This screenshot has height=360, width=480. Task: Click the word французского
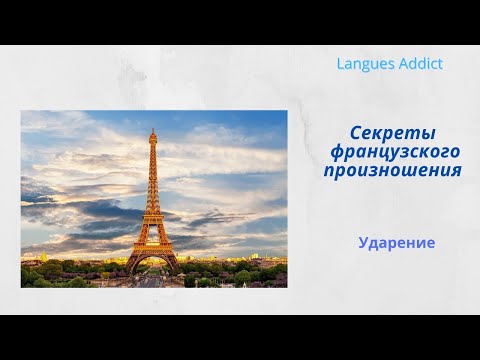pyautogui.click(x=395, y=152)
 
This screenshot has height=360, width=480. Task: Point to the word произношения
pyautogui.click(x=392, y=170)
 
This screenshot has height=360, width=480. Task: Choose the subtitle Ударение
pyautogui.click(x=397, y=242)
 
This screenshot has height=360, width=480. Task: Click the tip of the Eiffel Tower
pyautogui.click(x=153, y=129)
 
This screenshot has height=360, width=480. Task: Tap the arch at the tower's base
pyautogui.click(x=153, y=262)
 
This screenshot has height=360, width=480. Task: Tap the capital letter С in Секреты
pyautogui.click(x=357, y=133)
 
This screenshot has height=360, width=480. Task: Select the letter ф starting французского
pyautogui.click(x=337, y=152)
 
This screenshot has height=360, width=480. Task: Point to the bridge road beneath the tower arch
pyautogui.click(x=153, y=280)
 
